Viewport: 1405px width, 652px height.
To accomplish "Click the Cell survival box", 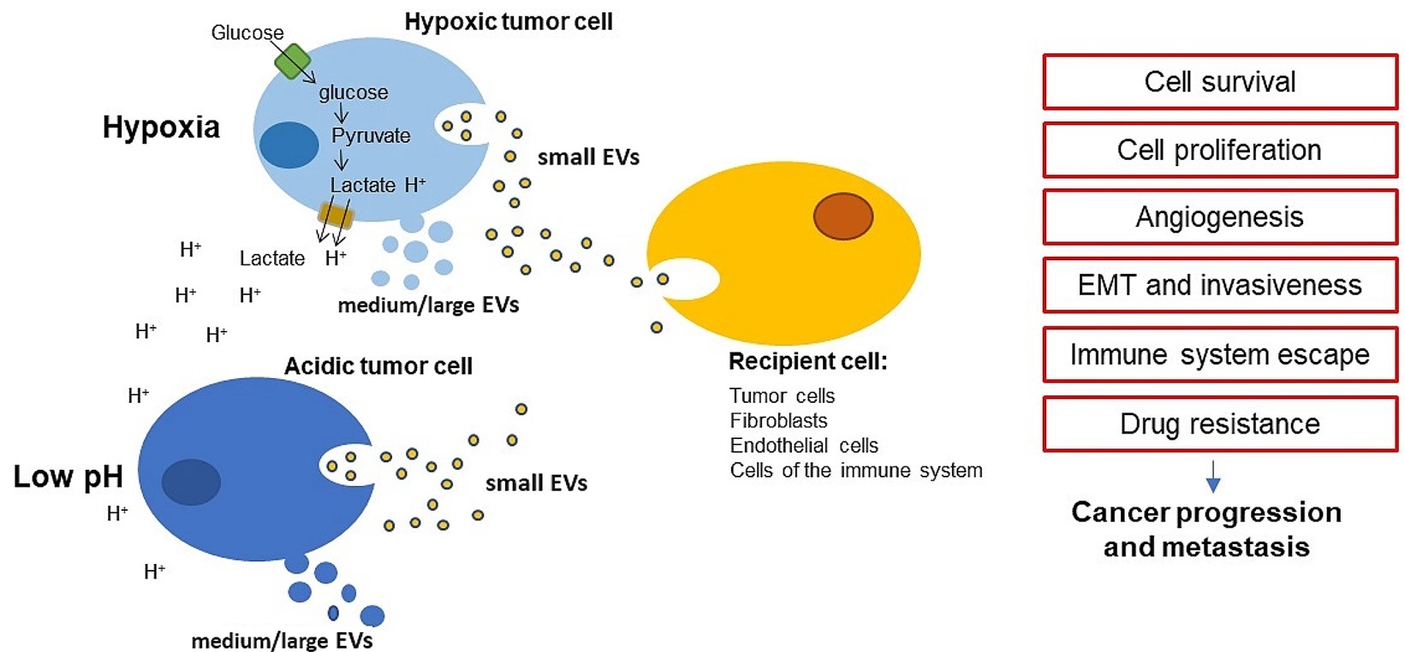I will (1219, 82).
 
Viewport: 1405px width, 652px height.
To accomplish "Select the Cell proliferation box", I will (1219, 150).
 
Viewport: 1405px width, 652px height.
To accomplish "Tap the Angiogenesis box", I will (1219, 217).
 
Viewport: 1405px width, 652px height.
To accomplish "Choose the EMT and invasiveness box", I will (1219, 285).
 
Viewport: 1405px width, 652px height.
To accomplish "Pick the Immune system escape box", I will (1219, 354).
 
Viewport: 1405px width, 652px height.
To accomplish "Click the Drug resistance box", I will (1219, 424).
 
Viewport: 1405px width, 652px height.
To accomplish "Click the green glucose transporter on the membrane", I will (293, 62).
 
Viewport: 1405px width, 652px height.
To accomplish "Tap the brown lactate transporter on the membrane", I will (336, 215).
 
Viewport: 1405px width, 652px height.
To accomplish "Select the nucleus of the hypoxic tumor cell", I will (289, 145).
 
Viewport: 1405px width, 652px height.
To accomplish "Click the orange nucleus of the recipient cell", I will (842, 216).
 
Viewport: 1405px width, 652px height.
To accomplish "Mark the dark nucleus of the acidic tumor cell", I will (191, 482).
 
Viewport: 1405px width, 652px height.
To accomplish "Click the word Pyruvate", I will (371, 136).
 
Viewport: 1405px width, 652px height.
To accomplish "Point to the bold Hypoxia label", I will (161, 127).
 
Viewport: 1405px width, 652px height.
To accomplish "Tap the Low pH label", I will (68, 477).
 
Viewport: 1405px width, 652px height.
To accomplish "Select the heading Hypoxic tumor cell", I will (508, 21).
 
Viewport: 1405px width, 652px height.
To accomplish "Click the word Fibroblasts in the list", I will (778, 421).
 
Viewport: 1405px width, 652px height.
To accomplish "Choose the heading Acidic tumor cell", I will (378, 366).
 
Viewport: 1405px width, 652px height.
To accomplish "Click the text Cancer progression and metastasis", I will (1206, 529).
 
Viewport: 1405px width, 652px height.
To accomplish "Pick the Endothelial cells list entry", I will (803, 446).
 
